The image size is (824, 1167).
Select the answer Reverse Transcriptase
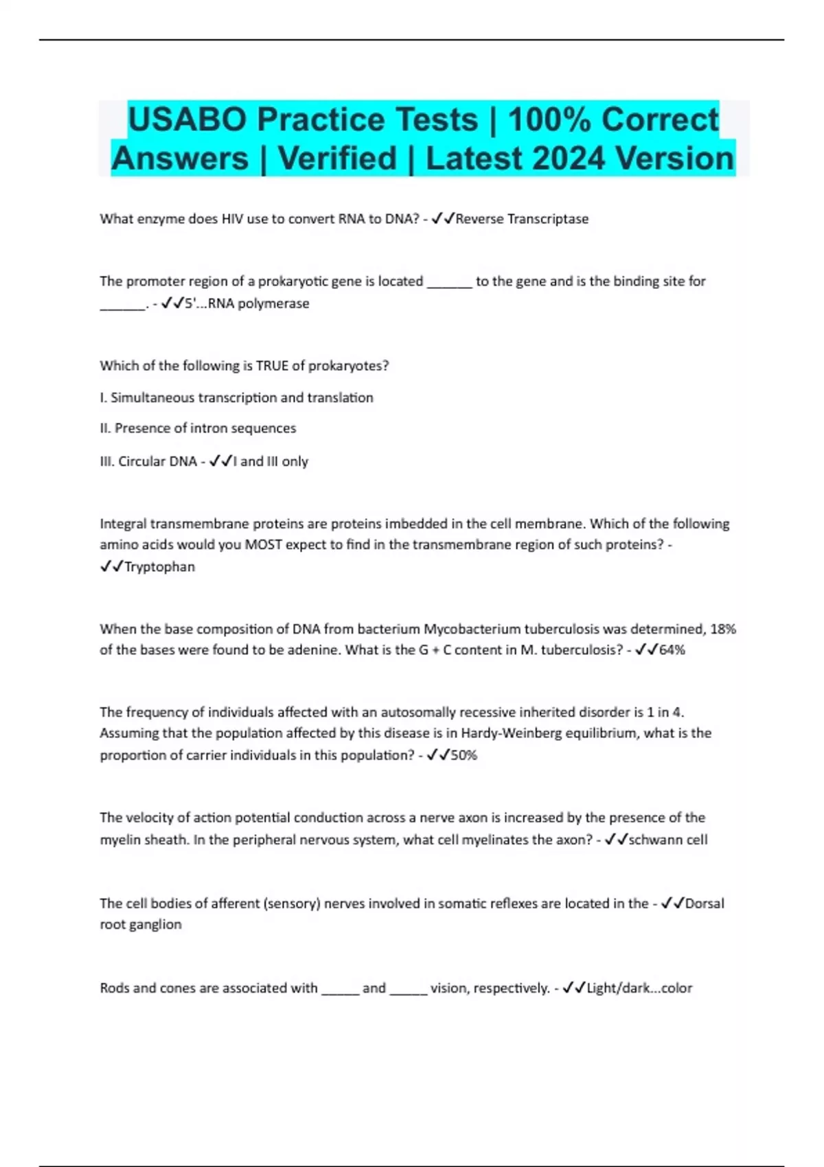pyautogui.click(x=522, y=219)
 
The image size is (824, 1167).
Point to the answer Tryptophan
pyautogui.click(x=159, y=567)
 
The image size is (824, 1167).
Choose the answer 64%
pyautogui.click(x=672, y=650)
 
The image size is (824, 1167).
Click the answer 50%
pyautogui.click(x=463, y=755)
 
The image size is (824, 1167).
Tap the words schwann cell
pyautogui.click(x=667, y=840)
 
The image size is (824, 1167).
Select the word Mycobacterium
pyautogui.click(x=466, y=629)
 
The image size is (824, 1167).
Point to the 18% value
pyautogui.click(x=722, y=629)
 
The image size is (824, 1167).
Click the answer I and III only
pyautogui.click(x=271, y=461)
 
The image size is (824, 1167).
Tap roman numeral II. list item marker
pyautogui.click(x=105, y=428)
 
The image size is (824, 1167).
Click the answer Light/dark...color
pyautogui.click(x=639, y=988)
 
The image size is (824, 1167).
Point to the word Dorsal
pyautogui.click(x=705, y=903)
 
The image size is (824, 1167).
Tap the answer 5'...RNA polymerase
pyautogui.click(x=247, y=303)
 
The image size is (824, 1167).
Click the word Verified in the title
pyautogui.click(x=337, y=159)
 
